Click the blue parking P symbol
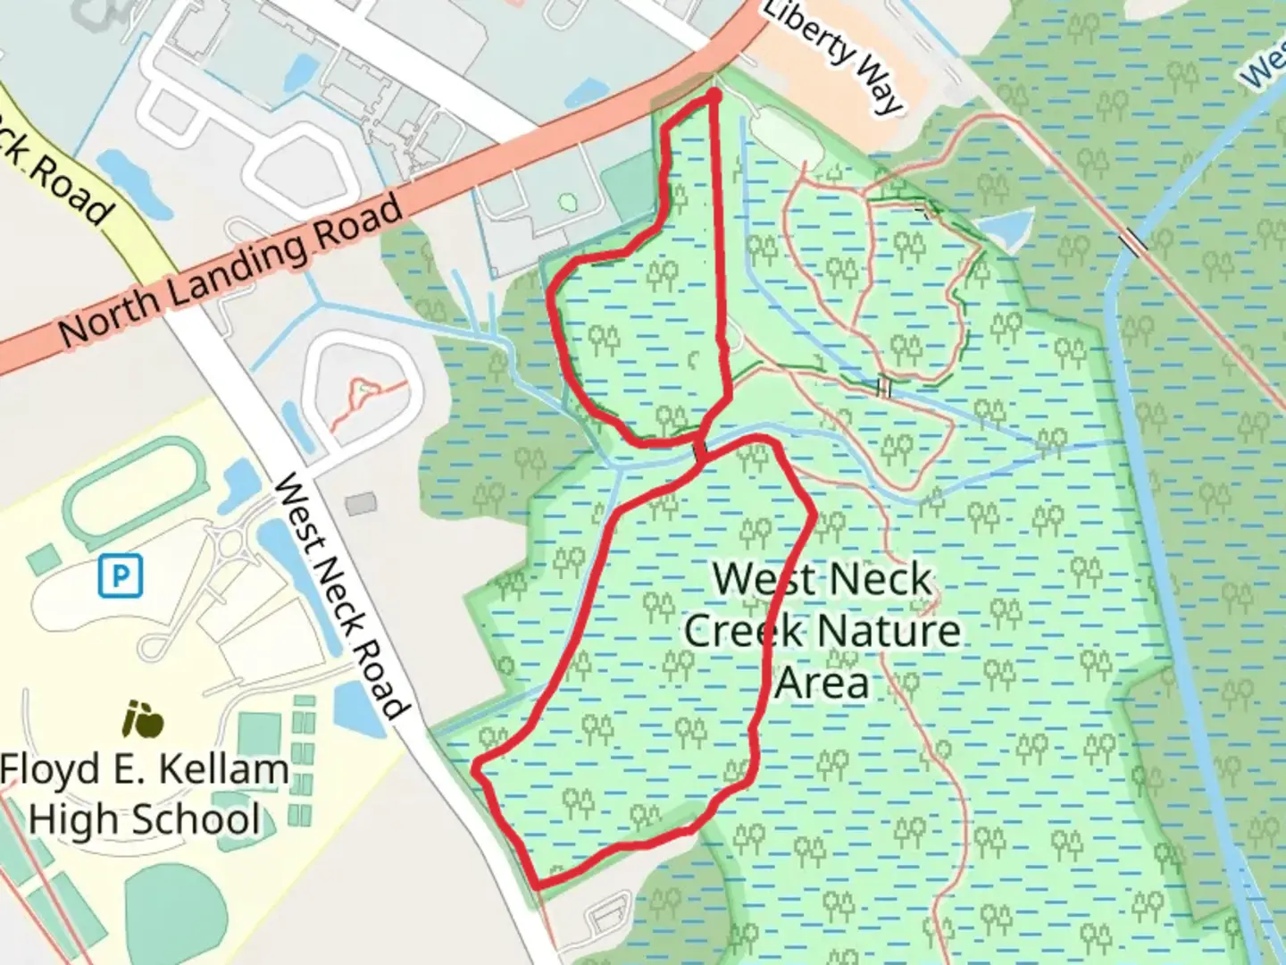click(x=120, y=576)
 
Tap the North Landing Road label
click(x=230, y=273)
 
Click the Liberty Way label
click(x=832, y=55)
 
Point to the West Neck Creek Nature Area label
click(x=822, y=631)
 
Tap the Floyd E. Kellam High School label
click(x=144, y=794)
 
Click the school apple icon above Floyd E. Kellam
click(x=144, y=719)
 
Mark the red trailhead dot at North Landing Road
click(x=714, y=94)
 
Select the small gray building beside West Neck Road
click(x=361, y=504)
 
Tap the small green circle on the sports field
click(x=566, y=202)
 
